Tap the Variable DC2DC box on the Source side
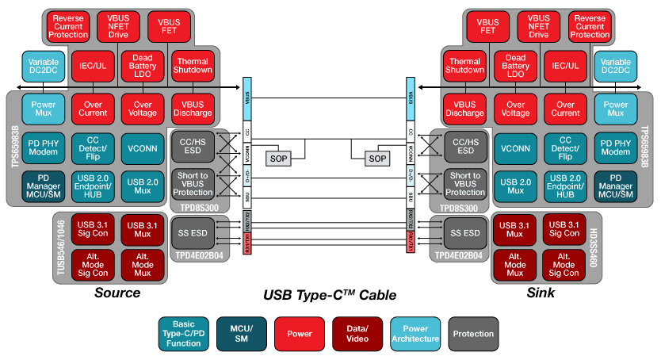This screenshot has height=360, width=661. (42, 67)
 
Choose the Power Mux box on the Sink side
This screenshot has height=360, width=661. (616, 108)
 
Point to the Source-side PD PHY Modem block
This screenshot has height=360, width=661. (42, 148)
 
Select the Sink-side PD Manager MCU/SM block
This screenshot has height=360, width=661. (616, 186)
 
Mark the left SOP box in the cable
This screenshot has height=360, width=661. (279, 158)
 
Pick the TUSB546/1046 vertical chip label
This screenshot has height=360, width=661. (59, 246)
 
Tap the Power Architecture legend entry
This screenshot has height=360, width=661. (416, 333)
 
